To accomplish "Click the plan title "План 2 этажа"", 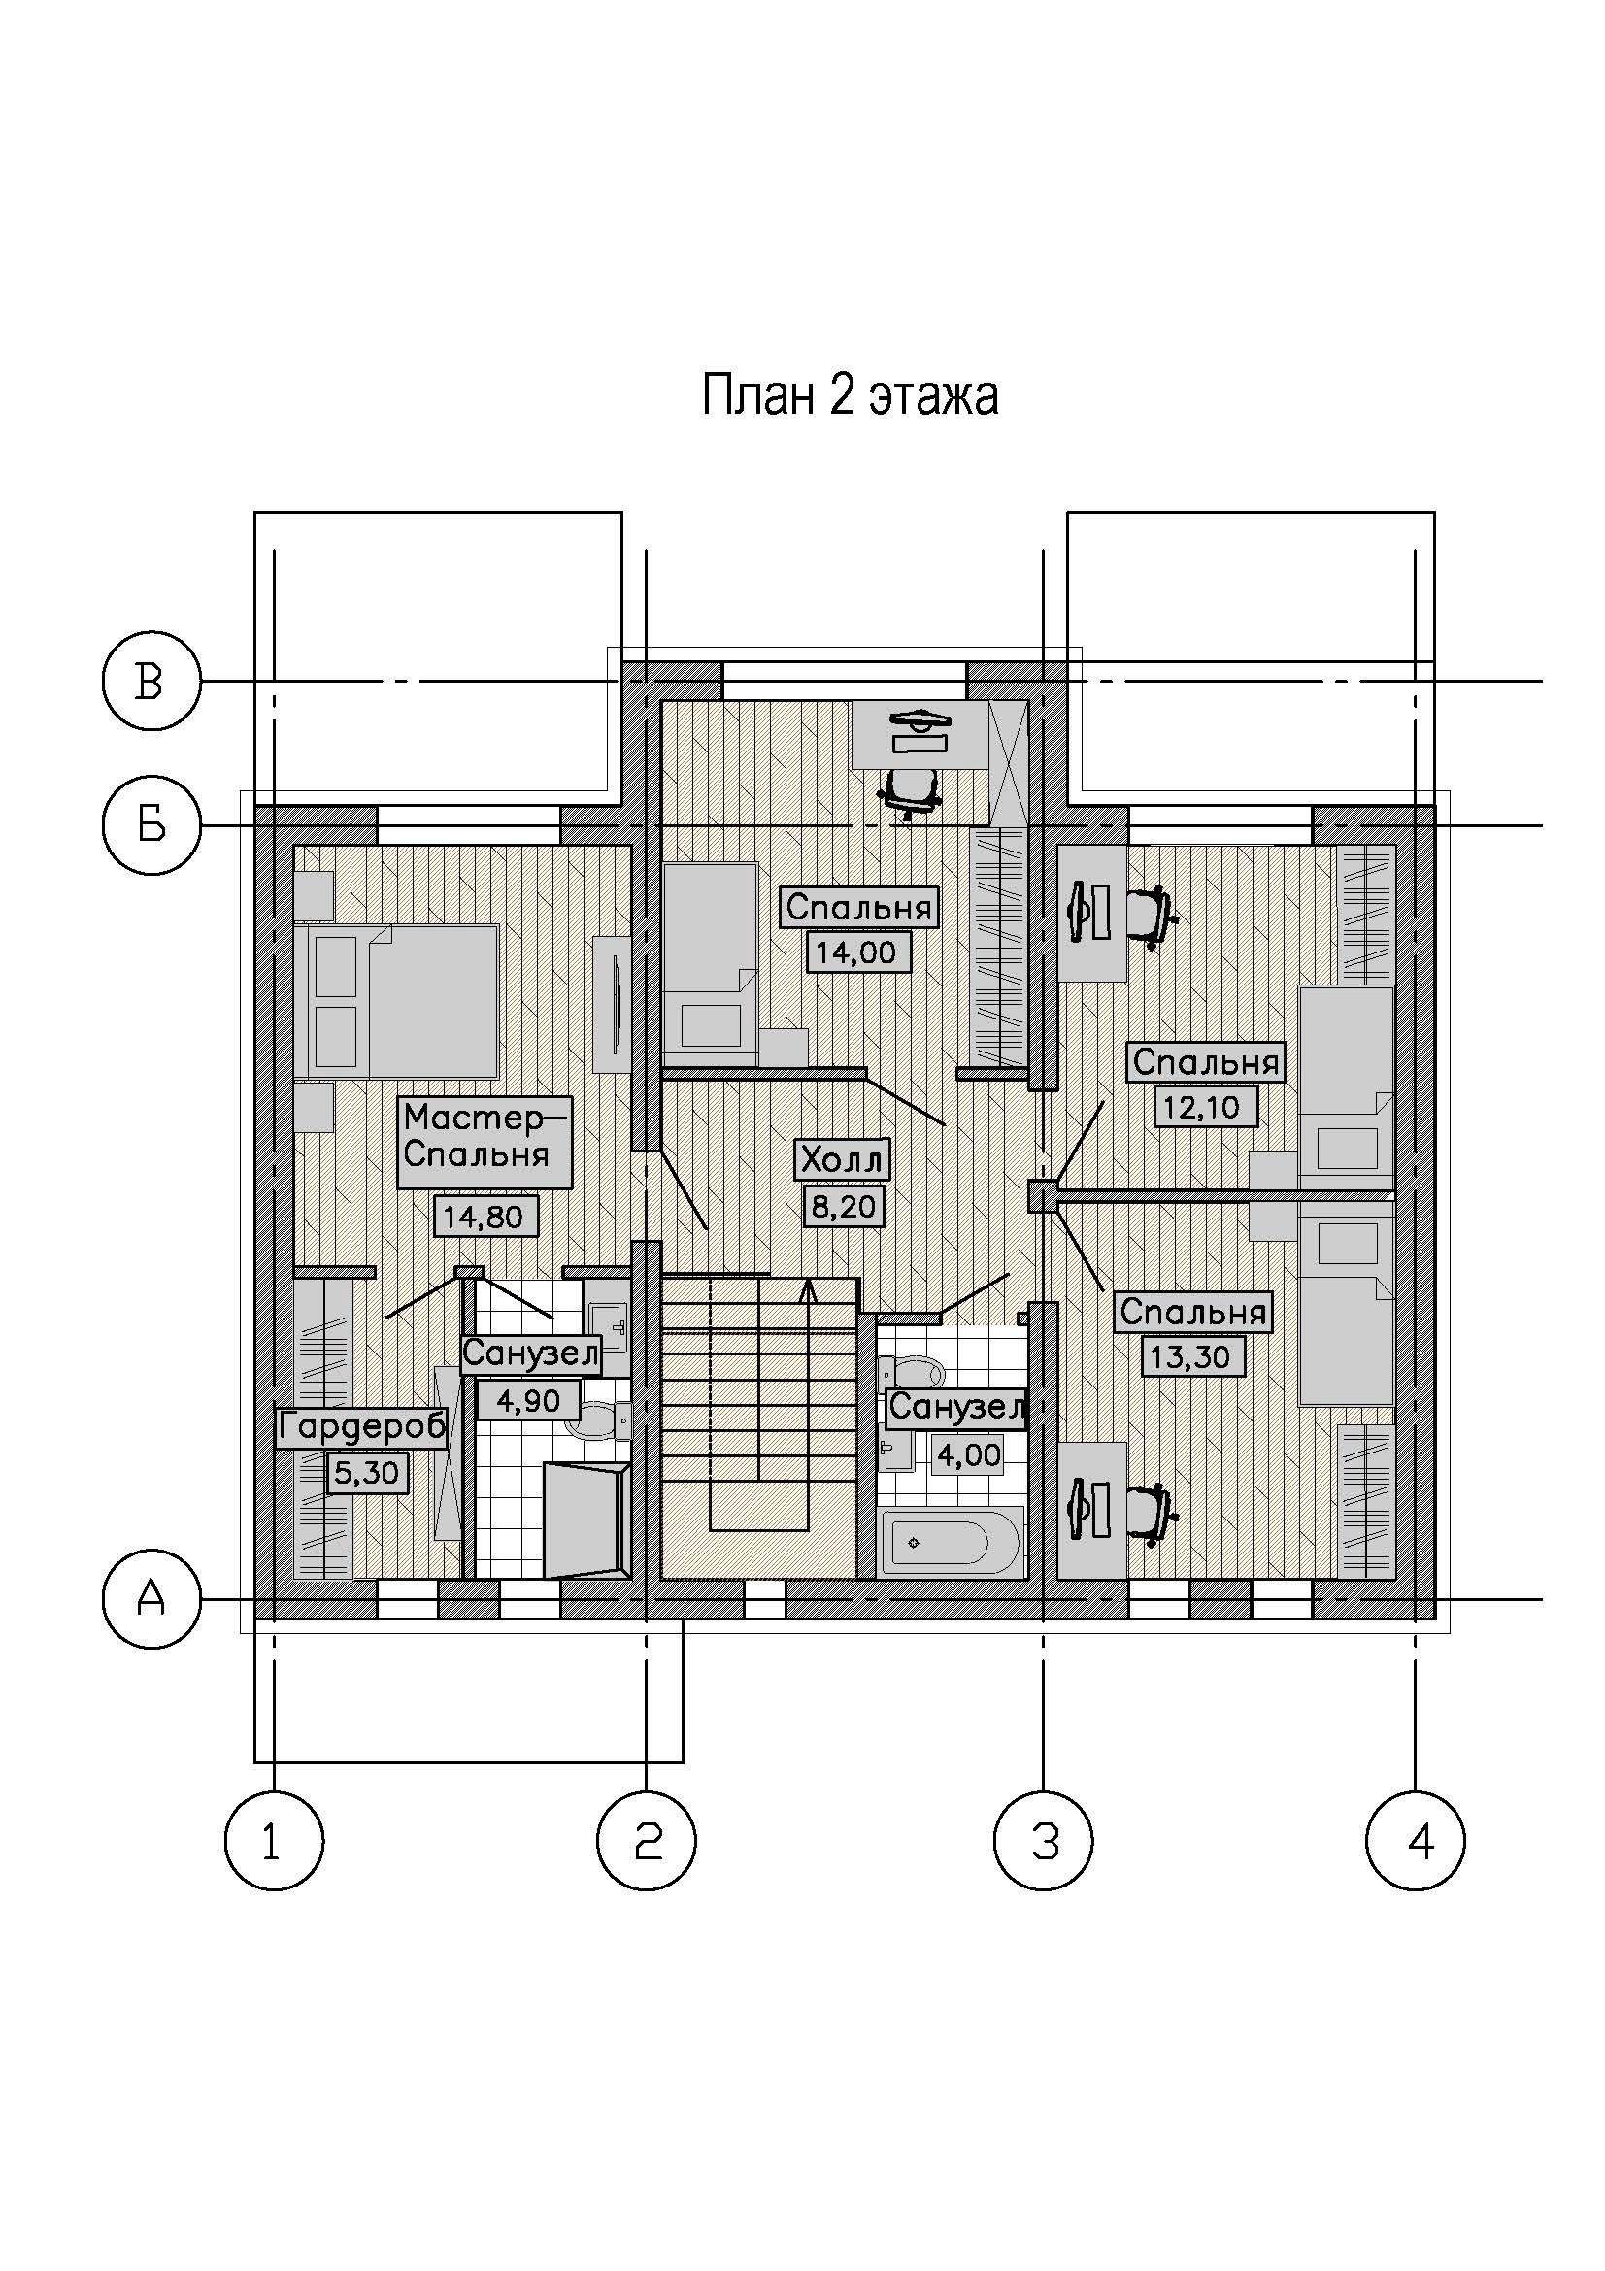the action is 850,395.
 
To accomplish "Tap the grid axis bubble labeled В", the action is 151,682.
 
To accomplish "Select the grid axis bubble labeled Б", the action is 151,825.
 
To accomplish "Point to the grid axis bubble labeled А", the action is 151,1599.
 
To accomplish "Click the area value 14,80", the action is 485,1216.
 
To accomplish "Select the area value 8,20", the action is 842,1206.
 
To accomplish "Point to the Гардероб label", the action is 362,1427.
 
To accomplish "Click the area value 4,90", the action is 528,1400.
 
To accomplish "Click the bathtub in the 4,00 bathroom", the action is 951,1543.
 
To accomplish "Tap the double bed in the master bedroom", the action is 404,1001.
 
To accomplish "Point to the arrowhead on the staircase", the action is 809,1288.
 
